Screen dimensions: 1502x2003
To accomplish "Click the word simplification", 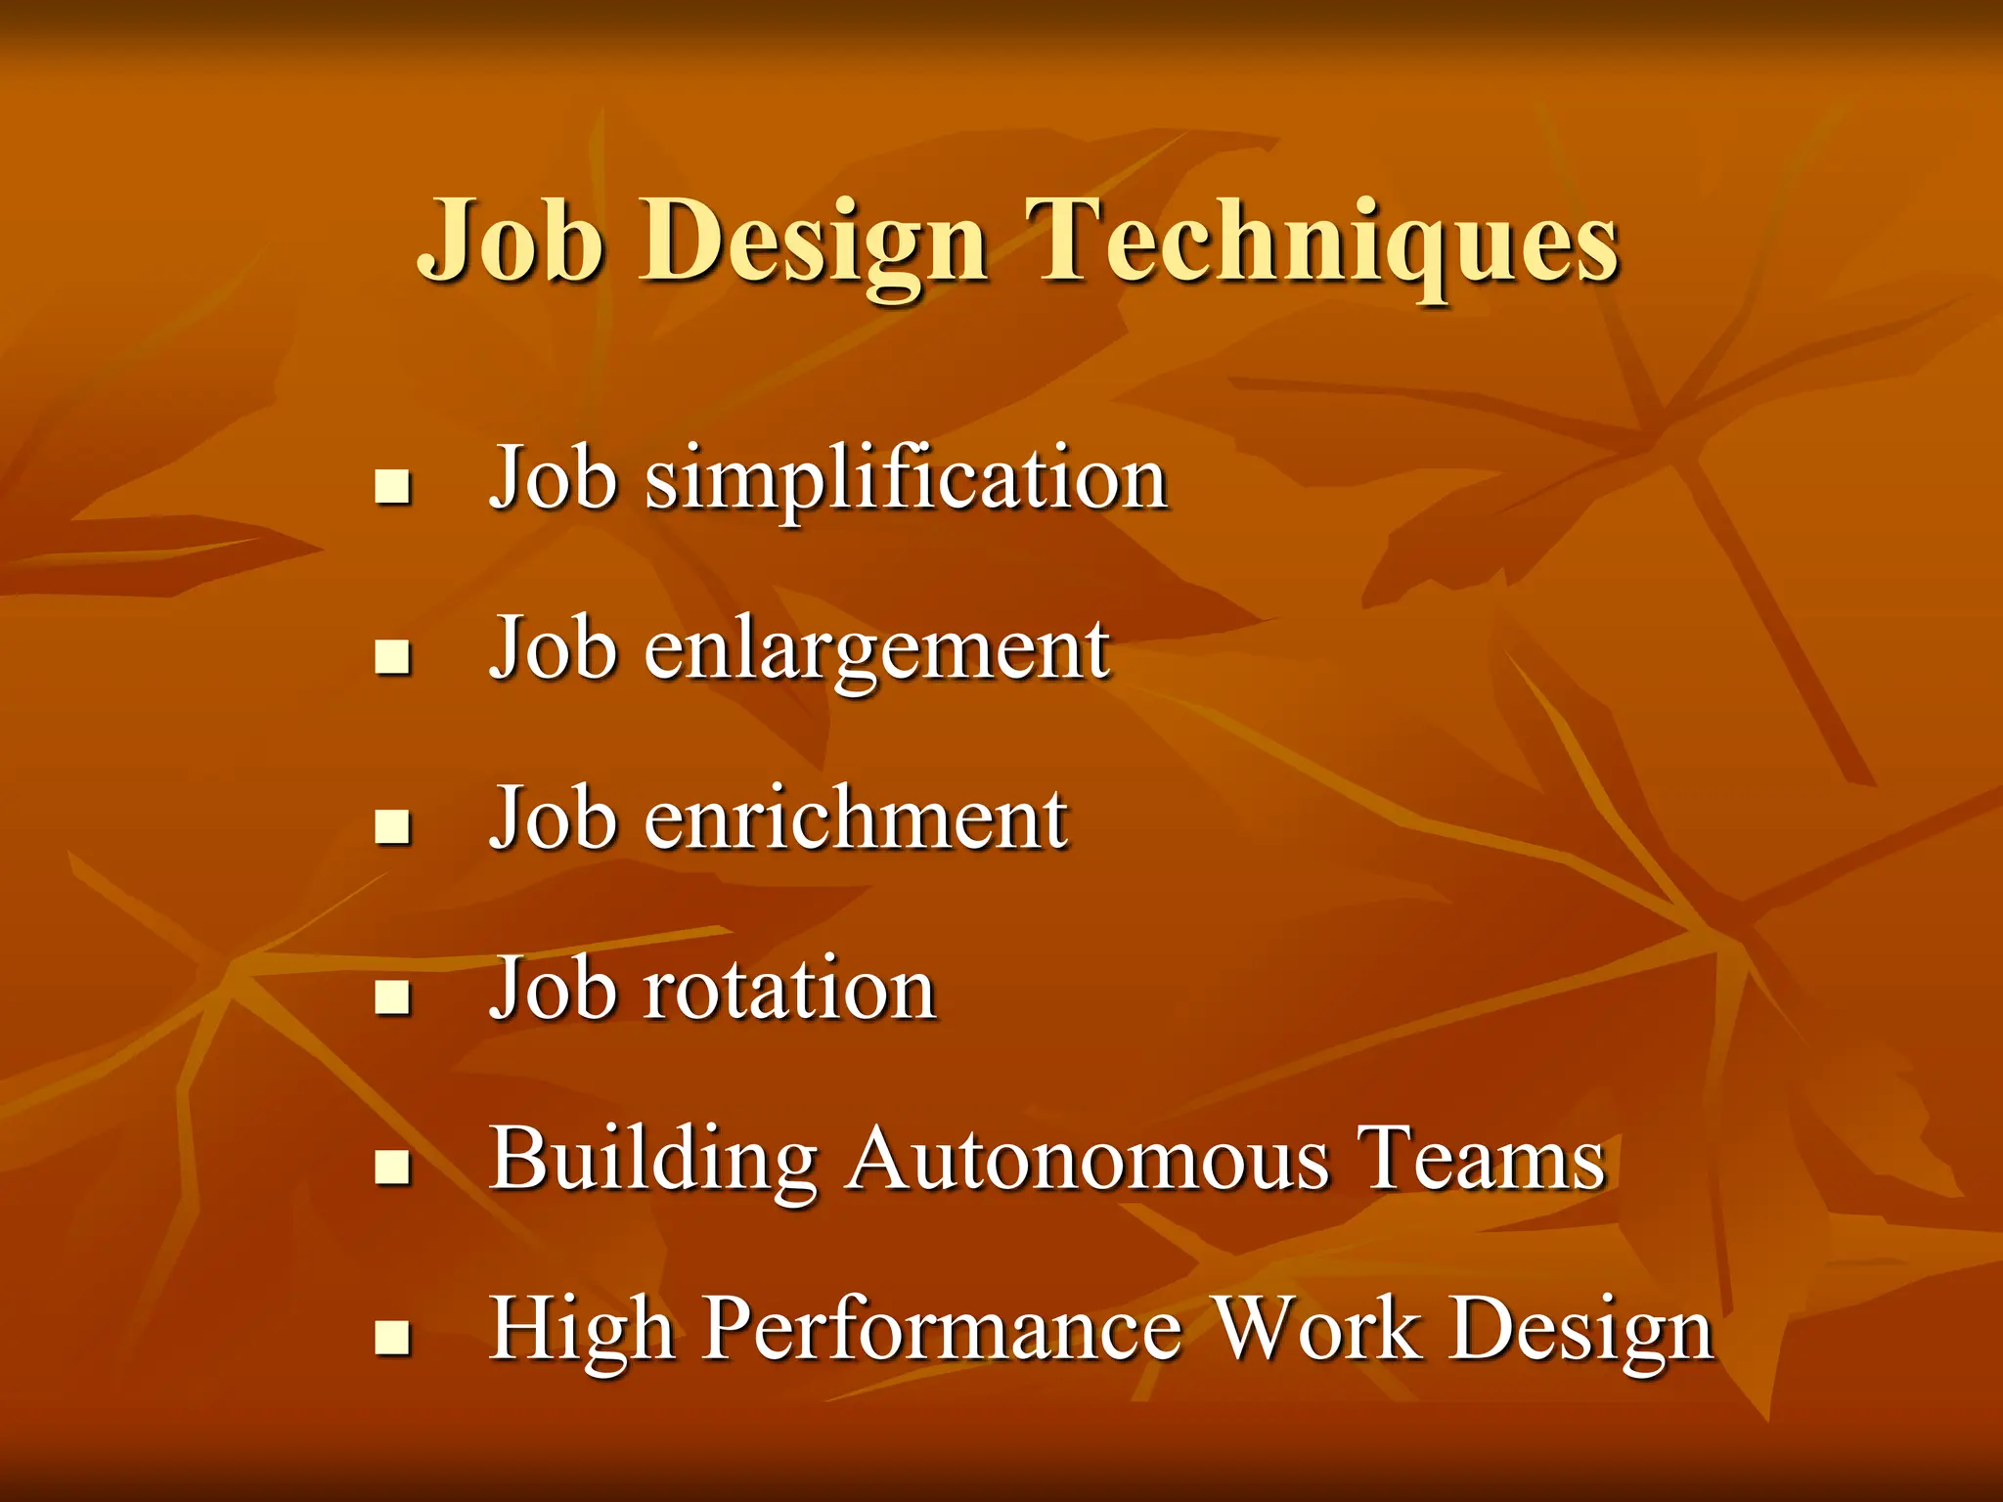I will pyautogui.click(x=906, y=479).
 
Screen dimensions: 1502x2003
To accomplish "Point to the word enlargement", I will pyautogui.click(x=876, y=650).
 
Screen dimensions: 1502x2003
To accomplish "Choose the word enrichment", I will pyautogui.click(x=856, y=818).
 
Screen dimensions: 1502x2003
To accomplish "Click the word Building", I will pyautogui.click(x=653, y=1160).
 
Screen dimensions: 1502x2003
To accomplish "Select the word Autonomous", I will pyautogui.click(x=1089, y=1160).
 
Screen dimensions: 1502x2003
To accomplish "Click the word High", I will pyautogui.click(x=582, y=1330).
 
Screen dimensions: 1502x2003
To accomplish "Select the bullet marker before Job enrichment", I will pyautogui.click(x=392, y=827).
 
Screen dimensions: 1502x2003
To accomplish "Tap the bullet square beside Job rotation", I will pyautogui.click(x=392, y=997).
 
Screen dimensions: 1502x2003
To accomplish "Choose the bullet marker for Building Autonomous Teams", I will pyautogui.click(x=392, y=1168).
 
